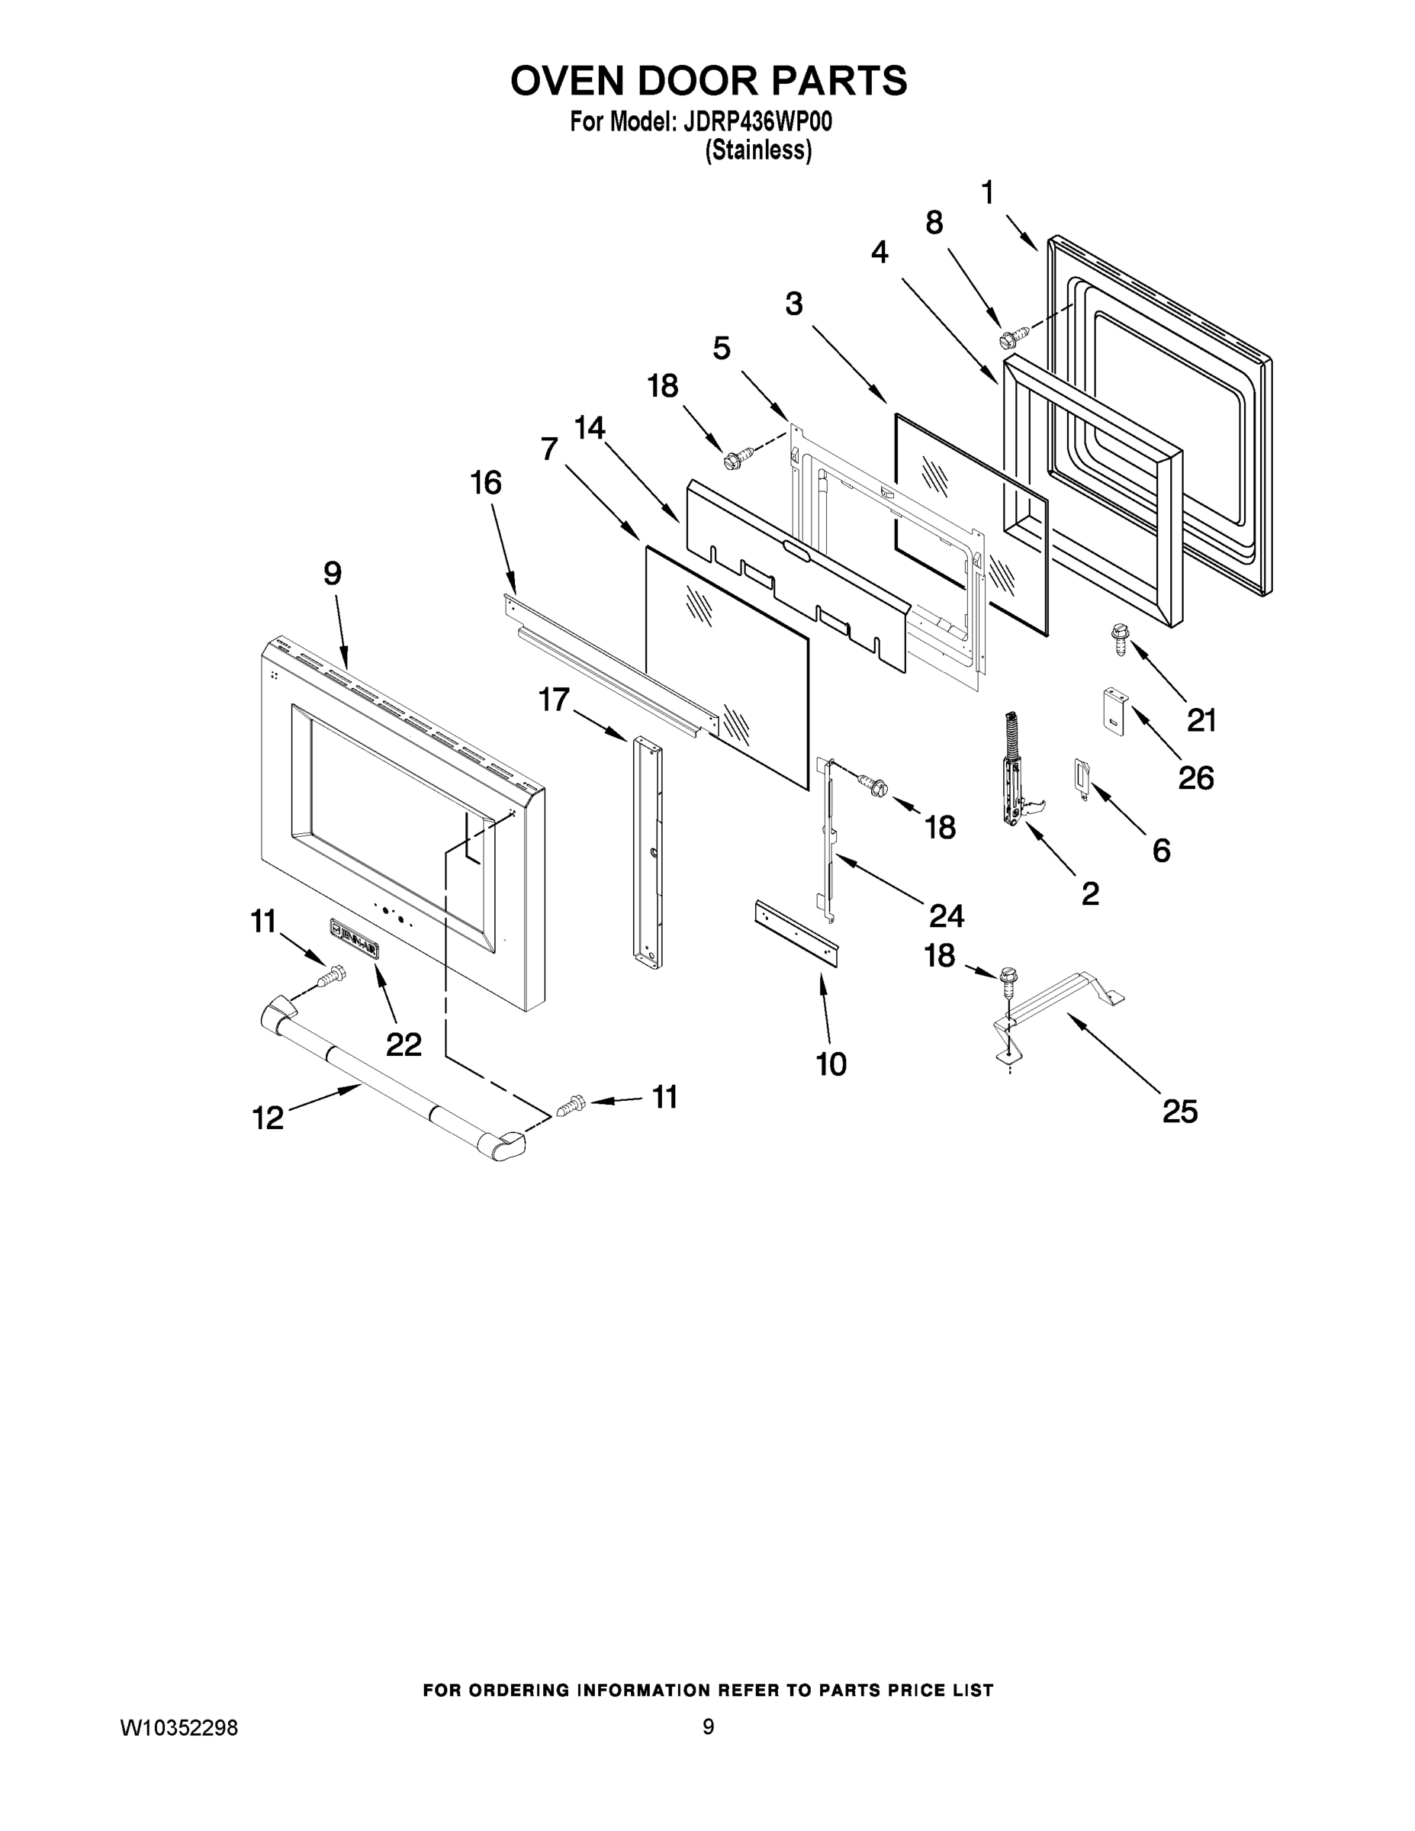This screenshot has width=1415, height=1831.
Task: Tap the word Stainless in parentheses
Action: [x=757, y=150]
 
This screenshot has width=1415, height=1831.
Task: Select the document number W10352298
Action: [x=179, y=1728]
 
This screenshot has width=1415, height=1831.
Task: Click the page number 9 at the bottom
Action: [x=708, y=1726]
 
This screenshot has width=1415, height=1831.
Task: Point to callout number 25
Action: [x=1179, y=1112]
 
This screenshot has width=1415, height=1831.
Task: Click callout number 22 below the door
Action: [x=404, y=1044]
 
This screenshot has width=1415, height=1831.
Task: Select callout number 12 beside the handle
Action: [x=269, y=1118]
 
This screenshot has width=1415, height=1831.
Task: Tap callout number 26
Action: [x=1195, y=778]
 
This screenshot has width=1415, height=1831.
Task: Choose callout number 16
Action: [x=485, y=483]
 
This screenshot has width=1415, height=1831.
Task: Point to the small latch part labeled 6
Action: [x=1081, y=779]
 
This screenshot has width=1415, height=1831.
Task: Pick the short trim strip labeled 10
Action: [x=797, y=933]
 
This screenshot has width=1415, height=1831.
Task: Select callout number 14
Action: [x=590, y=427]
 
